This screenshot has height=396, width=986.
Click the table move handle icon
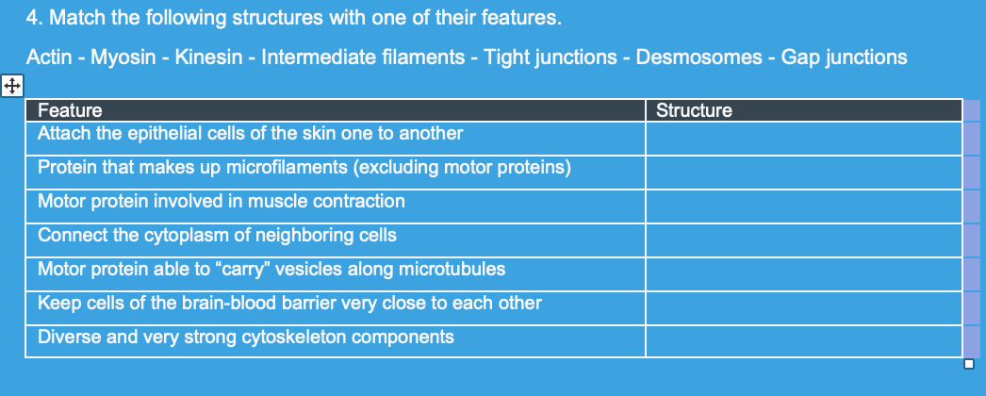[11, 86]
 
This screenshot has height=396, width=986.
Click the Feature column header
[70, 110]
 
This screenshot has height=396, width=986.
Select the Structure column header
[693, 110]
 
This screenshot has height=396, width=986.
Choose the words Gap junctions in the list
[844, 58]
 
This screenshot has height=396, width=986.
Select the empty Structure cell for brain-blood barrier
[803, 304]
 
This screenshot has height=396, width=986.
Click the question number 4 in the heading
[33, 18]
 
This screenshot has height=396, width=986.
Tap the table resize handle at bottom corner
[969, 364]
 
